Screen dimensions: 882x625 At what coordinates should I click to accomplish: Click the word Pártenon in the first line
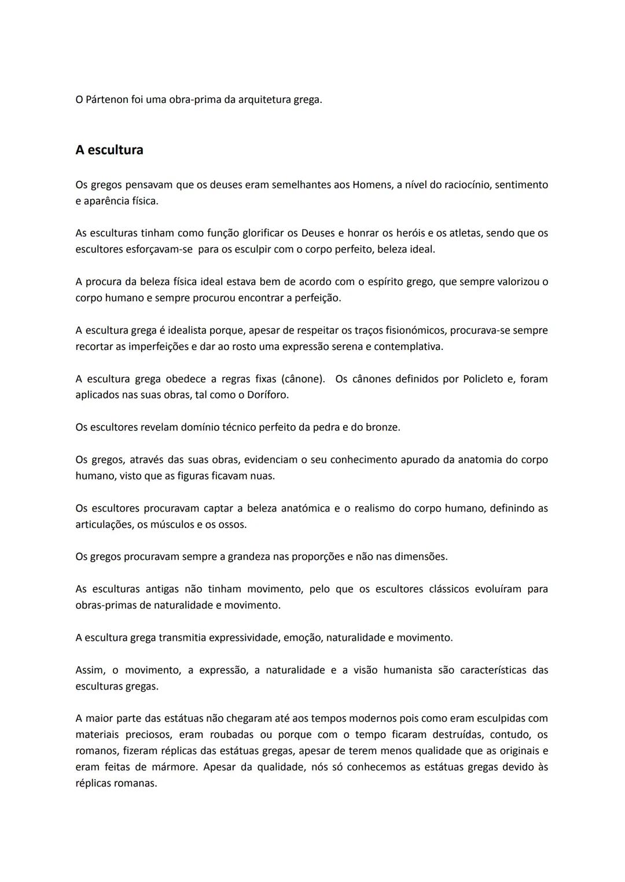[108, 99]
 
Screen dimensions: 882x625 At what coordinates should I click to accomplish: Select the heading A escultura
[109, 150]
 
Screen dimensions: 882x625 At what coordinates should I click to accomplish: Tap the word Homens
[372, 184]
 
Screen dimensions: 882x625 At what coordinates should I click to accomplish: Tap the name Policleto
[483, 379]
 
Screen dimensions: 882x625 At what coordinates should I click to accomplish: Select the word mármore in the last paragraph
[173, 767]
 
